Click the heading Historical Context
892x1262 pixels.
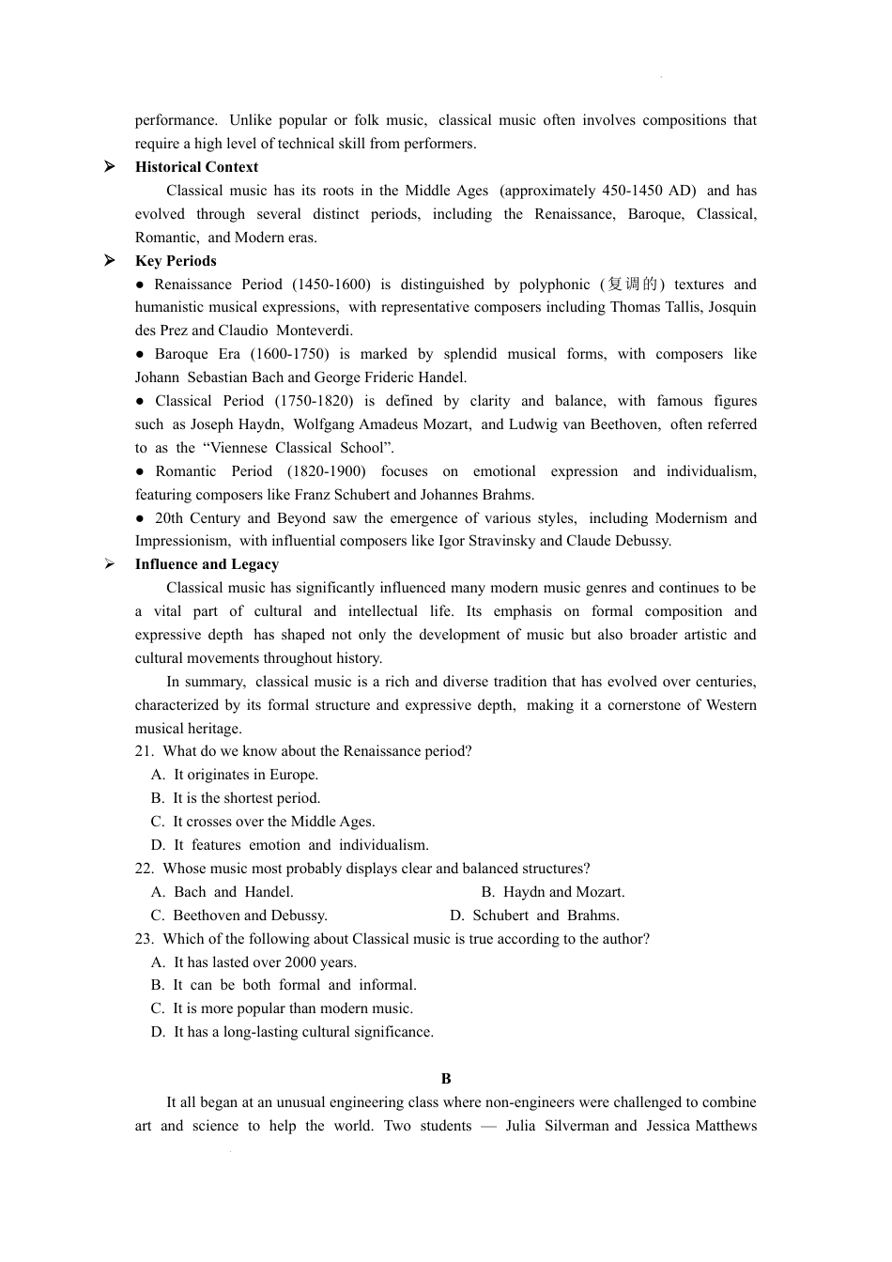point(196,167)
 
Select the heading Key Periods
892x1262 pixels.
point(176,261)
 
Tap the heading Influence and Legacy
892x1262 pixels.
point(207,564)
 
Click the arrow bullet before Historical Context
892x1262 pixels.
point(110,167)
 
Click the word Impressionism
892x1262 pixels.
point(181,541)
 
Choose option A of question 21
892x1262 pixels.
point(235,775)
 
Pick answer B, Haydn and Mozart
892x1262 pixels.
point(553,892)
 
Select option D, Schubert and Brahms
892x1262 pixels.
point(534,916)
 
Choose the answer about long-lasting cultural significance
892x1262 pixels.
point(292,1032)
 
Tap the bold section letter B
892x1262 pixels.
point(446,1079)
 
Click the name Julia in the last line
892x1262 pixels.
point(520,1126)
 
